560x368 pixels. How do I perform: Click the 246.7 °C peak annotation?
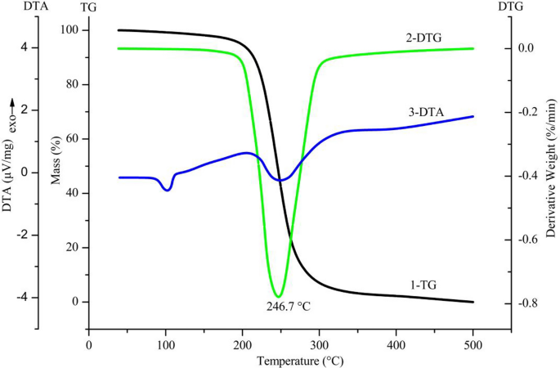[289, 307]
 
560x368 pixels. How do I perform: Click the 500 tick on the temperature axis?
[473, 344]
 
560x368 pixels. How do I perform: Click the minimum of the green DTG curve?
[279, 296]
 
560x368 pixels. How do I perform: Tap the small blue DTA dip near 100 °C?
[167, 190]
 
